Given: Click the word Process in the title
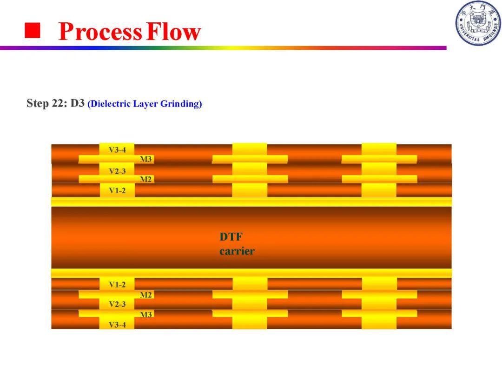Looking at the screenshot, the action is (x=100, y=32).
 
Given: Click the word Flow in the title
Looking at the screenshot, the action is (x=173, y=32).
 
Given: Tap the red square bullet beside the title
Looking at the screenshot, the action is (x=33, y=30).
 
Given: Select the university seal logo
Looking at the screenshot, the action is (x=478, y=23).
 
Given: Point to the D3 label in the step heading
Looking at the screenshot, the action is (x=78, y=103).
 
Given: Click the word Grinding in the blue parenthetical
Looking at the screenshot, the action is (x=181, y=104).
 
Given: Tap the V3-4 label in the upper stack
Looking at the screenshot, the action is (x=117, y=150).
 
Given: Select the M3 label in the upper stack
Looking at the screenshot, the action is (x=145, y=159).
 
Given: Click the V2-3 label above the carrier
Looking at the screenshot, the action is (x=117, y=171).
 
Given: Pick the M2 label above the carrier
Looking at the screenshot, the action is (x=145, y=179).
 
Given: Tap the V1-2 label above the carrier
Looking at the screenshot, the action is (x=117, y=190).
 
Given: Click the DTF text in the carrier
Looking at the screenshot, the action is (x=231, y=237).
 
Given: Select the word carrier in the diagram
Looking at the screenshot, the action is (x=237, y=251).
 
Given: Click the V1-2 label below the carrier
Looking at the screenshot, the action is (x=117, y=285).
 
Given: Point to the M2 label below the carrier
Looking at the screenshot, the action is (x=145, y=295).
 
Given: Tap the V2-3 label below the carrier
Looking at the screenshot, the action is (x=117, y=304).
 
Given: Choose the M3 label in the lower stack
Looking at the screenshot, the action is (x=145, y=315).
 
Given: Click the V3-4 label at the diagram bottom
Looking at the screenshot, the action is (x=117, y=325).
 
